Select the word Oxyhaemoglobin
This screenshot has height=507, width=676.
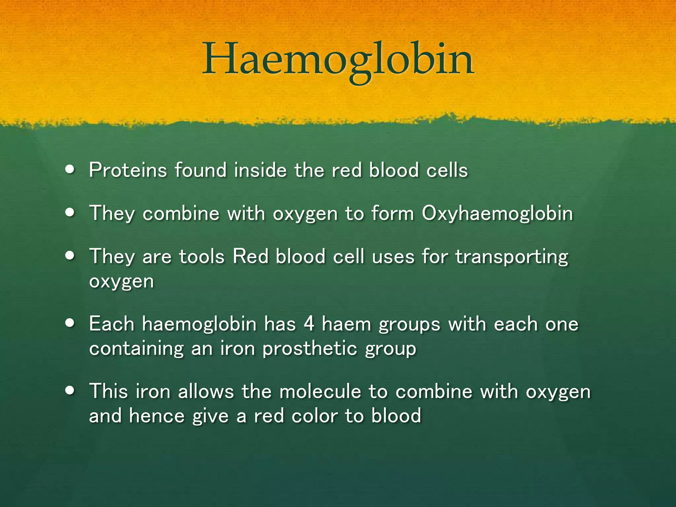click(x=497, y=214)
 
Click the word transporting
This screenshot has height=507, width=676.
click(x=512, y=257)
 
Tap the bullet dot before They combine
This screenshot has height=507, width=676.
click(x=70, y=213)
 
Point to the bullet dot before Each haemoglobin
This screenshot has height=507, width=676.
click(x=70, y=323)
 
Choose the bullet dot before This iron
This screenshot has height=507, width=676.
click(x=70, y=391)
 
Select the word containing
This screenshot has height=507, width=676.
click(x=136, y=349)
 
